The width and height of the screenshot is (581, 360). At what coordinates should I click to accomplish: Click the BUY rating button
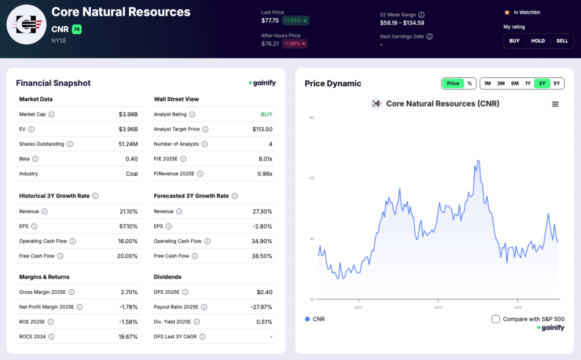pos(514,41)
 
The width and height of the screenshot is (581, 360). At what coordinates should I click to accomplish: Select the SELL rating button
pos(562,41)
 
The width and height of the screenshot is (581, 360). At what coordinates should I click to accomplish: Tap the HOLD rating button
pos(538,41)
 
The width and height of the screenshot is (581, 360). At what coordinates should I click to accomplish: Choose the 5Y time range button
pos(557,83)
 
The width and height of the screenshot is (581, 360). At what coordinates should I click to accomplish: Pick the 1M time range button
pos(487,83)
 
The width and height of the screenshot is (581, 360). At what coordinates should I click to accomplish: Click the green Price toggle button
pos(453,83)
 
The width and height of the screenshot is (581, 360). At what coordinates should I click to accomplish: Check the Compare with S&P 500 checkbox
pos(496,319)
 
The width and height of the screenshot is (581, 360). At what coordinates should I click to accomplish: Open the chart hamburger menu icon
pos(555,104)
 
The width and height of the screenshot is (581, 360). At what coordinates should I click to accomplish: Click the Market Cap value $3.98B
pos(128,115)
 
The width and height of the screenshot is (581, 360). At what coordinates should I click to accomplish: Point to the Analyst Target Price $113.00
pos(262,129)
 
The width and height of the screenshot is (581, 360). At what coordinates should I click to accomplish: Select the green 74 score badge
pos(77,29)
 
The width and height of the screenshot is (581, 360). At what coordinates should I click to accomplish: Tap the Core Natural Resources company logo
pos(26,24)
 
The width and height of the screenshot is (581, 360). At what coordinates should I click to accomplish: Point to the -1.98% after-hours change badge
pos(295,44)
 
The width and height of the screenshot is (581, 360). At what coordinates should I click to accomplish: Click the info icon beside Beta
pos(35,159)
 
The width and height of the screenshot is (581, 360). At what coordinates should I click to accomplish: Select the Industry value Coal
pos(132,174)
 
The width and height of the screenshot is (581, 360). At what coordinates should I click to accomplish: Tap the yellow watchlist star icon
pos(507,12)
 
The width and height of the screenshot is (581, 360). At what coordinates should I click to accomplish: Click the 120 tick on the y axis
pos(311,178)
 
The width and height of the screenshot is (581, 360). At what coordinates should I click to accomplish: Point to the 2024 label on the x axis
pos(437,308)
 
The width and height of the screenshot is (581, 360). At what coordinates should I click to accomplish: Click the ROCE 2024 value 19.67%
pos(128,337)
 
